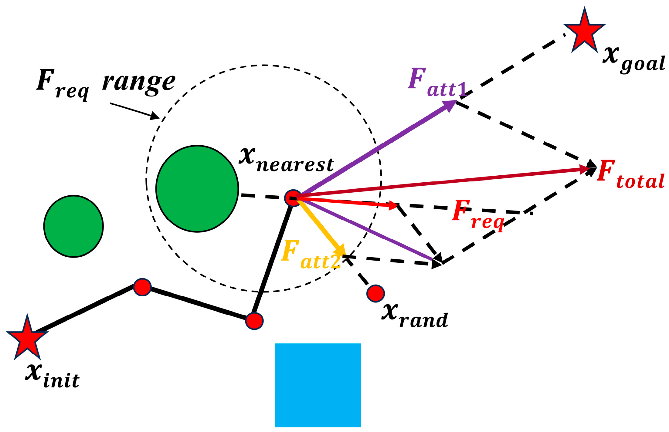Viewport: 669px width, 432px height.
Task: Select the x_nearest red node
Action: (293, 198)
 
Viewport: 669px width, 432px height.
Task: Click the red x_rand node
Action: (375, 293)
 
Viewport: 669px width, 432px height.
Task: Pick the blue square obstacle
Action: (318, 385)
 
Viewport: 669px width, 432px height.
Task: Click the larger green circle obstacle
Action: (197, 189)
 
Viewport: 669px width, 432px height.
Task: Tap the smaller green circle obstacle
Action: (73, 226)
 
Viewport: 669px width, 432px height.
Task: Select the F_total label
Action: (630, 175)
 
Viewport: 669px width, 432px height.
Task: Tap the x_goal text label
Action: (633, 59)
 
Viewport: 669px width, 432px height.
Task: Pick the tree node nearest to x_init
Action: (142, 287)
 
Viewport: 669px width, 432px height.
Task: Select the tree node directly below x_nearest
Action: (254, 321)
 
